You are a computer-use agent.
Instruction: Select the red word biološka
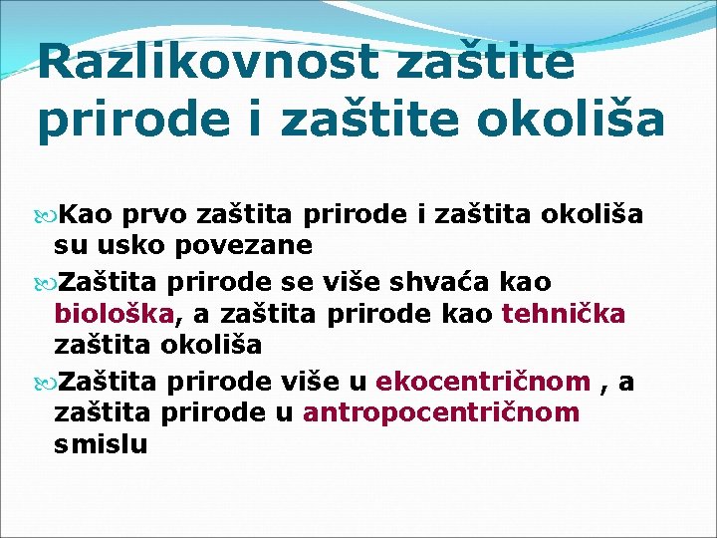[x=115, y=314]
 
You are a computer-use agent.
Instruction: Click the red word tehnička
[x=564, y=314]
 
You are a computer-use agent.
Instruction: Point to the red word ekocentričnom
[x=483, y=382]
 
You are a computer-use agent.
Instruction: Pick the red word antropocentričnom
[x=440, y=411]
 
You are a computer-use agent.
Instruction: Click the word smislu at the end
[x=101, y=444]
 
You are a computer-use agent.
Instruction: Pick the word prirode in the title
[x=127, y=120]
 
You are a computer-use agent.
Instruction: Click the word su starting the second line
[x=70, y=244]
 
